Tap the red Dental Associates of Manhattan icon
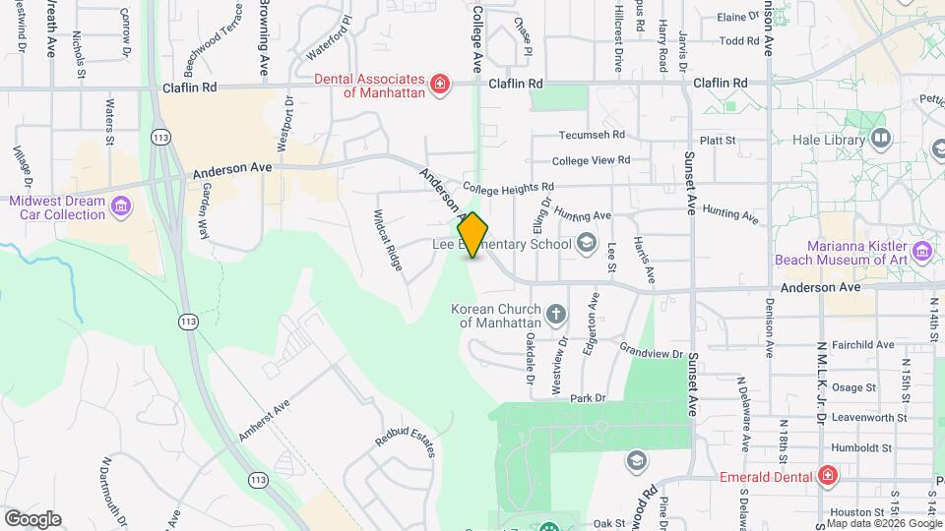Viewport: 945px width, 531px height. pos(440,85)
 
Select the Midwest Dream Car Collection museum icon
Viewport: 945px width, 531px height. pos(121,206)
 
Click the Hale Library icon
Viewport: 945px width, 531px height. pos(880,140)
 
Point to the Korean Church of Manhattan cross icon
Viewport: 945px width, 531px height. pos(556,316)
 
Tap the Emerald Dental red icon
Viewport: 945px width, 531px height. pos(828,477)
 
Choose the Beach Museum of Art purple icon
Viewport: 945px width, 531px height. pos(922,252)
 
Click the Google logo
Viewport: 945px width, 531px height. pos(32,519)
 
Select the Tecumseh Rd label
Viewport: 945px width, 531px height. pos(592,136)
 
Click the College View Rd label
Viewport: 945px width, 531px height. pos(591,160)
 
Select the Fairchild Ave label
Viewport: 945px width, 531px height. pos(861,345)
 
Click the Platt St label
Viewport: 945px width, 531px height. pos(718,141)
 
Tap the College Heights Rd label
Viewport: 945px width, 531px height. pos(508,187)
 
